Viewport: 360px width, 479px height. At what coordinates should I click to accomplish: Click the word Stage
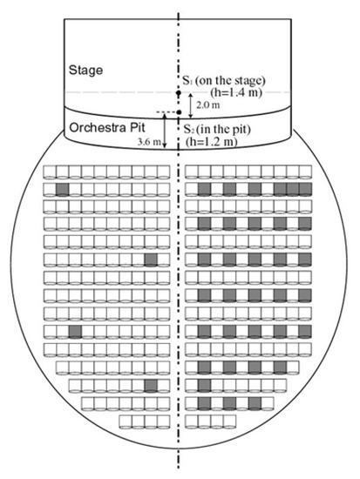(x=85, y=71)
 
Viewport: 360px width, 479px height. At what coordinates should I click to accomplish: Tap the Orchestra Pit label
(x=107, y=127)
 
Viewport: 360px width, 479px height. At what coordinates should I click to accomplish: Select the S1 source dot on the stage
(x=179, y=92)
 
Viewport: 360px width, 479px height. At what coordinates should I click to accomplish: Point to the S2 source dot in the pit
(x=180, y=112)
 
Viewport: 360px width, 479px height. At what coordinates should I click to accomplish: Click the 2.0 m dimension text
(x=208, y=105)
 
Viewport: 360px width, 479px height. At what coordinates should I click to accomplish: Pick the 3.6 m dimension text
(x=149, y=142)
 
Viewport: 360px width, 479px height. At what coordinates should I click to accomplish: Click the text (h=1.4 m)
(x=236, y=92)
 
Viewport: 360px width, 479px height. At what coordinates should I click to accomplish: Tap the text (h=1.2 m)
(x=212, y=141)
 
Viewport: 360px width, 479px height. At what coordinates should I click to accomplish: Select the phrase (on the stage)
(x=230, y=80)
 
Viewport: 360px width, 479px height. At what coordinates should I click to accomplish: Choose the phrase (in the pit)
(x=223, y=129)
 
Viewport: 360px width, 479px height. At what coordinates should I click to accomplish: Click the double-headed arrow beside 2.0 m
(x=191, y=105)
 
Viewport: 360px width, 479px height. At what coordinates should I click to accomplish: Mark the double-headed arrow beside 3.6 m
(x=165, y=131)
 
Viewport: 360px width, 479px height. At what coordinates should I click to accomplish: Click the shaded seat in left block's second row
(x=63, y=189)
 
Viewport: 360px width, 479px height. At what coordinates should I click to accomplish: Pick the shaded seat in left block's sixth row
(x=151, y=260)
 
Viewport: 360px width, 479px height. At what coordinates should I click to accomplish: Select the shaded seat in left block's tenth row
(x=75, y=332)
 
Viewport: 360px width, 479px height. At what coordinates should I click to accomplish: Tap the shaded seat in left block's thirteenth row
(x=151, y=386)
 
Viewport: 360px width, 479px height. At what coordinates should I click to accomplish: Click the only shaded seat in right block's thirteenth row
(x=204, y=386)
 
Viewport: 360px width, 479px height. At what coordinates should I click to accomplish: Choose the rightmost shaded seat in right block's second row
(x=305, y=189)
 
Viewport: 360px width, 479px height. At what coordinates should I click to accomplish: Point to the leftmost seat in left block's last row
(x=126, y=422)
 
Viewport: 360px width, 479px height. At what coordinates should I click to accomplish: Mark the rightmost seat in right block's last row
(x=230, y=422)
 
